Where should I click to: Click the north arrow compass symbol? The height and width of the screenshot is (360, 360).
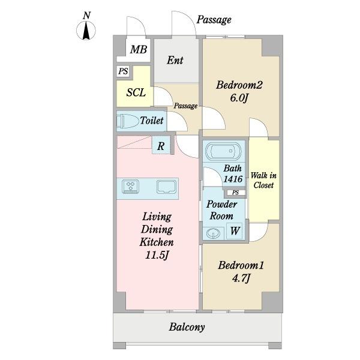tap(86, 31)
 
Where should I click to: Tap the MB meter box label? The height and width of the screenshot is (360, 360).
tap(138, 49)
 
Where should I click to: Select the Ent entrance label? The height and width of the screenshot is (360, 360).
tap(175, 60)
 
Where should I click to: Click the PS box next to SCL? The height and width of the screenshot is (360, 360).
tap(123, 71)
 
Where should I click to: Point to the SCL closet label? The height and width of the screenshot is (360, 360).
tap(136, 92)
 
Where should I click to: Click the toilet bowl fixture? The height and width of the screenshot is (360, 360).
tap(127, 121)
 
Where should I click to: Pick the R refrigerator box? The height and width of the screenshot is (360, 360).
tap(161, 146)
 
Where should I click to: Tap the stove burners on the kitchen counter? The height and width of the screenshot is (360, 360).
tap(131, 186)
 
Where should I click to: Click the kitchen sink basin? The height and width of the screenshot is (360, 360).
tap(167, 187)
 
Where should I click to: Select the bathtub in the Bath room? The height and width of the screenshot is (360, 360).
tap(223, 151)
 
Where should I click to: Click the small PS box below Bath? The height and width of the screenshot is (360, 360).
tap(235, 193)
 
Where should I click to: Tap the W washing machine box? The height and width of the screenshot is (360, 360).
tap(235, 230)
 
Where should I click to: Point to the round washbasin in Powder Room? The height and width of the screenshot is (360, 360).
tap(213, 233)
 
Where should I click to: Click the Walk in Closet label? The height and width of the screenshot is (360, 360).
tap(263, 180)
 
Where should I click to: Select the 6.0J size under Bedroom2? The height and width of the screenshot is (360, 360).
tap(239, 98)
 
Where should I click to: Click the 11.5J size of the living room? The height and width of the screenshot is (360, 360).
tap(157, 255)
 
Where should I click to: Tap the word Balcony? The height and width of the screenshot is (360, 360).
tap(187, 327)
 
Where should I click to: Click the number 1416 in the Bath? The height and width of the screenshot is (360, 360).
tap(233, 179)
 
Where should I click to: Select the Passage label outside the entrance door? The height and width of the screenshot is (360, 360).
tap(214, 20)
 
